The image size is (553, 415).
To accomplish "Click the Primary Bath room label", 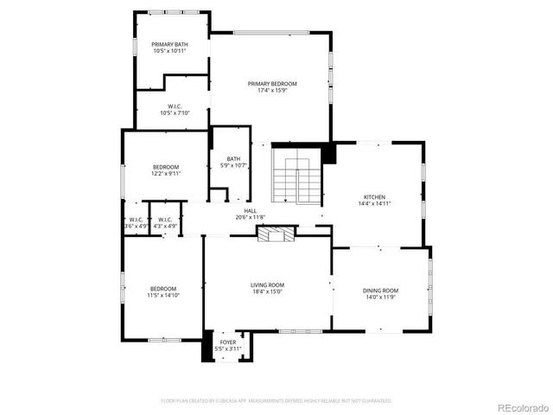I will coord(169,44).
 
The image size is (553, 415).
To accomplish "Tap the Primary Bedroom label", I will coord(272,84).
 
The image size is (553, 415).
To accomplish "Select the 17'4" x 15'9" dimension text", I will coord(272,91).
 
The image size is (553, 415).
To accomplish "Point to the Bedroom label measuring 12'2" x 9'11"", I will coord(166,167).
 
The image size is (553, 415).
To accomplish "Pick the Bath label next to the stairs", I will coord(233,158).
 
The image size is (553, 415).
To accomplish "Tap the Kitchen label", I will coord(374,197).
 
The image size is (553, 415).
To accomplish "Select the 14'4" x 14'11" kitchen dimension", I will coord(374,204).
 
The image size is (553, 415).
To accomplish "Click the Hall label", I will coord(250,210).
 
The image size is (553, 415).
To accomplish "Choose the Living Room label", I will coord(267,284).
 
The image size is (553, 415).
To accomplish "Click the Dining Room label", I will coord(380,290).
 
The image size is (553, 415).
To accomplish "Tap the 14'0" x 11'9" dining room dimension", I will coord(380,297).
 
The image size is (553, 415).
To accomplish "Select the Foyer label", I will coord(227,342).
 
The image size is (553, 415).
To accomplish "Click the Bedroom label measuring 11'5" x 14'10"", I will coord(163,289).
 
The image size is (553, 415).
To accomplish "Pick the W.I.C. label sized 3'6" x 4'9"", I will coord(136,220).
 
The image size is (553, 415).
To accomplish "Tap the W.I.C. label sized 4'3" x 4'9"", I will coord(164,220).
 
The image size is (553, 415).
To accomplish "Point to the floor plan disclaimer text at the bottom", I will coord(276,401).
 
